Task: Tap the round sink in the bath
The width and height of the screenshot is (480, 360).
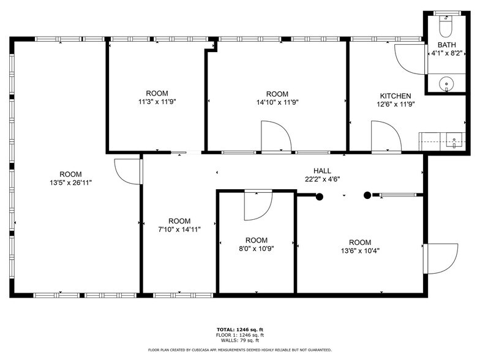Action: click(x=446, y=83)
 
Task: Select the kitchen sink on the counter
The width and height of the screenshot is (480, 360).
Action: click(x=454, y=141)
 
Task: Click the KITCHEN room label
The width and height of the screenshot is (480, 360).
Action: click(x=395, y=96)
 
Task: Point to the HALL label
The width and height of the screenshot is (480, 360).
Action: click(x=323, y=171)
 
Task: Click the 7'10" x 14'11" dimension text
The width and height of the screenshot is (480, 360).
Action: click(x=179, y=229)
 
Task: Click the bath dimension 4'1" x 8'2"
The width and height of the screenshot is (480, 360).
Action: click(x=446, y=54)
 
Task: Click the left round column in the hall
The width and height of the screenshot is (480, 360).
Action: click(x=319, y=196)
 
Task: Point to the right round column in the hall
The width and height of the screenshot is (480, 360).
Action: click(x=367, y=196)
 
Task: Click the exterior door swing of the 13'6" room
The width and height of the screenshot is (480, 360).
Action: click(x=442, y=257)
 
